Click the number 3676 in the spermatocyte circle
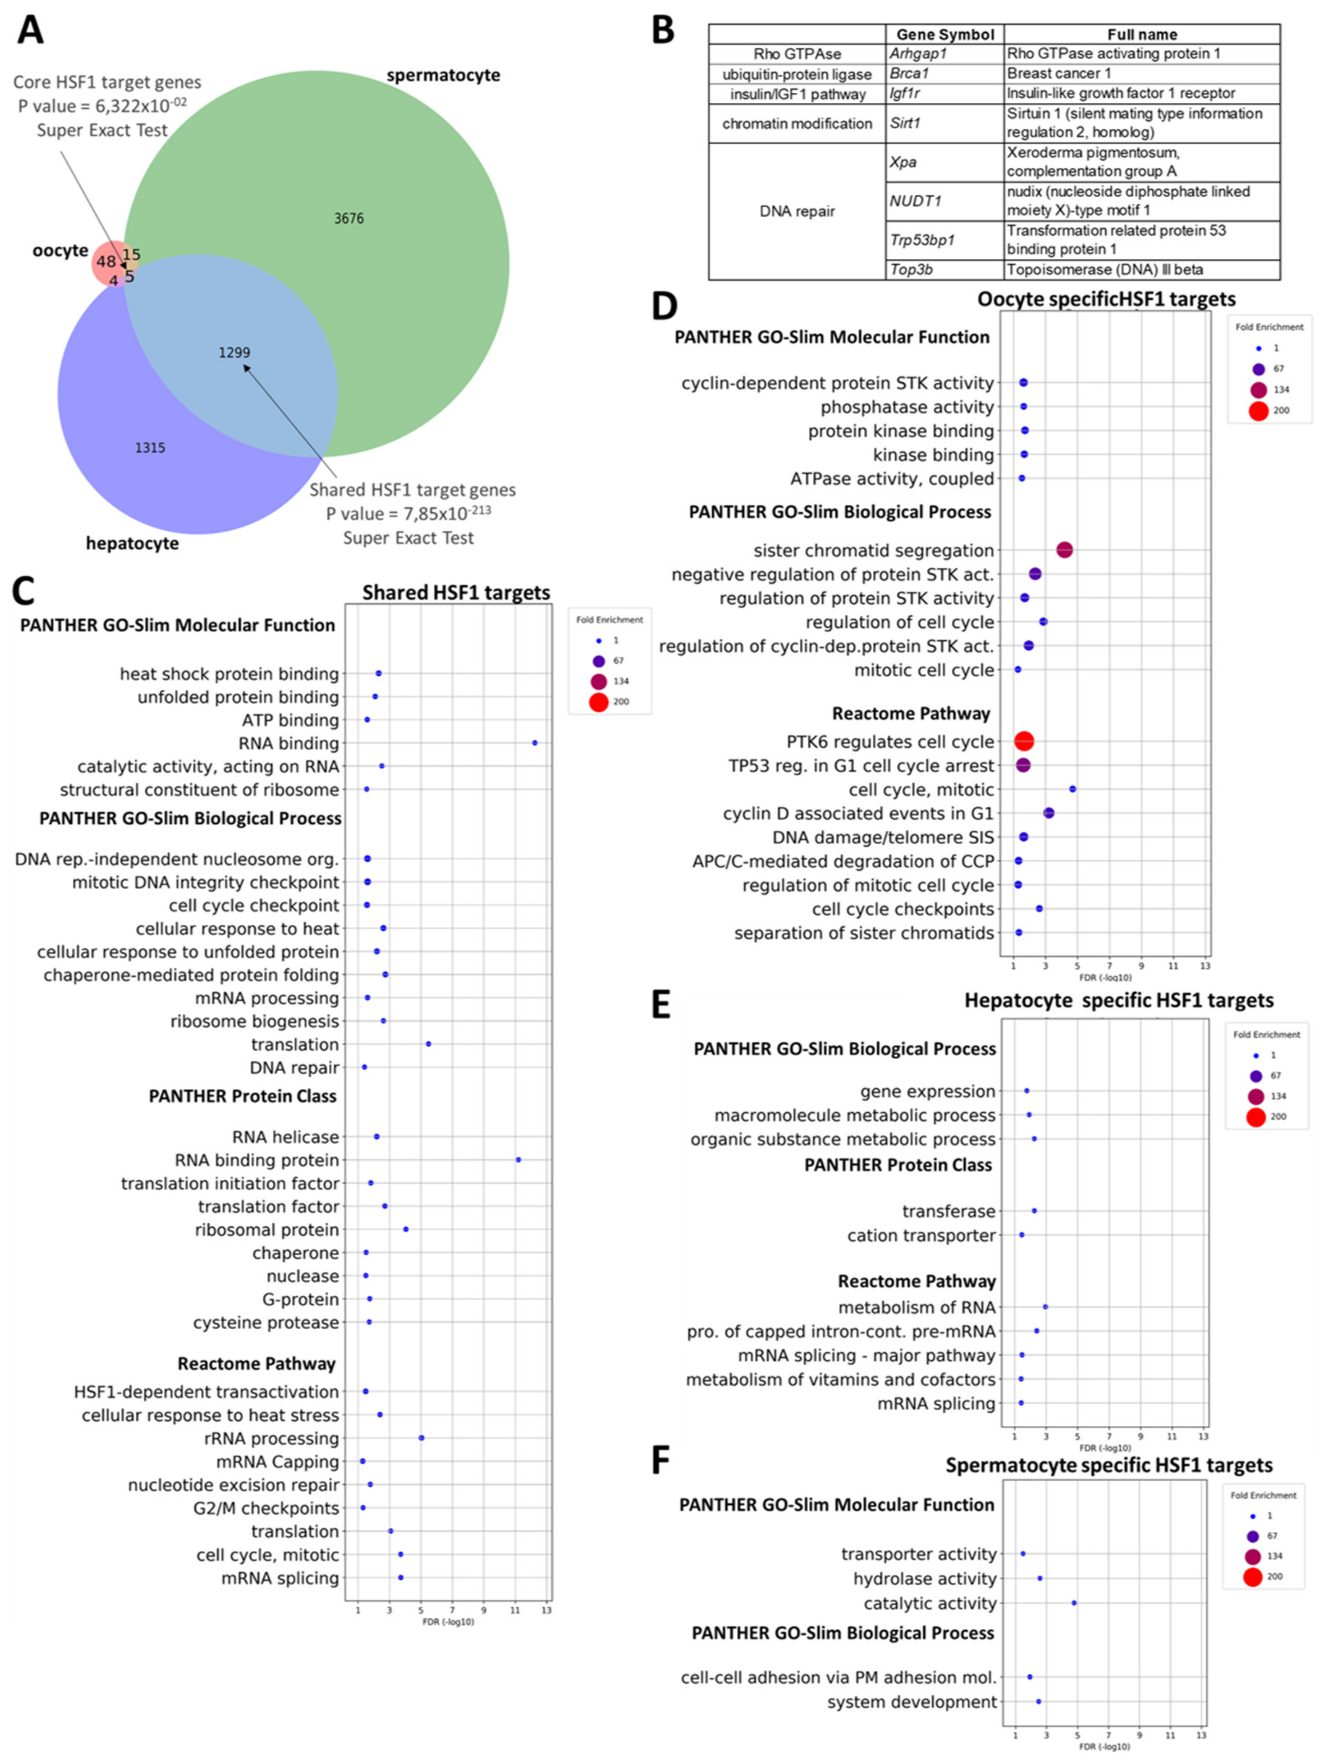click(x=349, y=218)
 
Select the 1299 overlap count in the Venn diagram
click(x=234, y=352)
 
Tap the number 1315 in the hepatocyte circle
click(x=150, y=448)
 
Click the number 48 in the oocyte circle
click(x=106, y=262)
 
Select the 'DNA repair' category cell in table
click(x=797, y=211)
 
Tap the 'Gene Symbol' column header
click(x=945, y=34)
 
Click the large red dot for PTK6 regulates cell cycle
click(x=1024, y=741)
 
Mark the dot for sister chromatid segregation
click(x=1064, y=550)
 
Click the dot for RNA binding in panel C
click(x=535, y=743)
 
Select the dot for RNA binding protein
click(x=518, y=1160)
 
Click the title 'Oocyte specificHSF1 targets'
click(x=1106, y=299)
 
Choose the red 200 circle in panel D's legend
click(x=1258, y=410)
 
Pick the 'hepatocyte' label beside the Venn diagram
click(x=132, y=543)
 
